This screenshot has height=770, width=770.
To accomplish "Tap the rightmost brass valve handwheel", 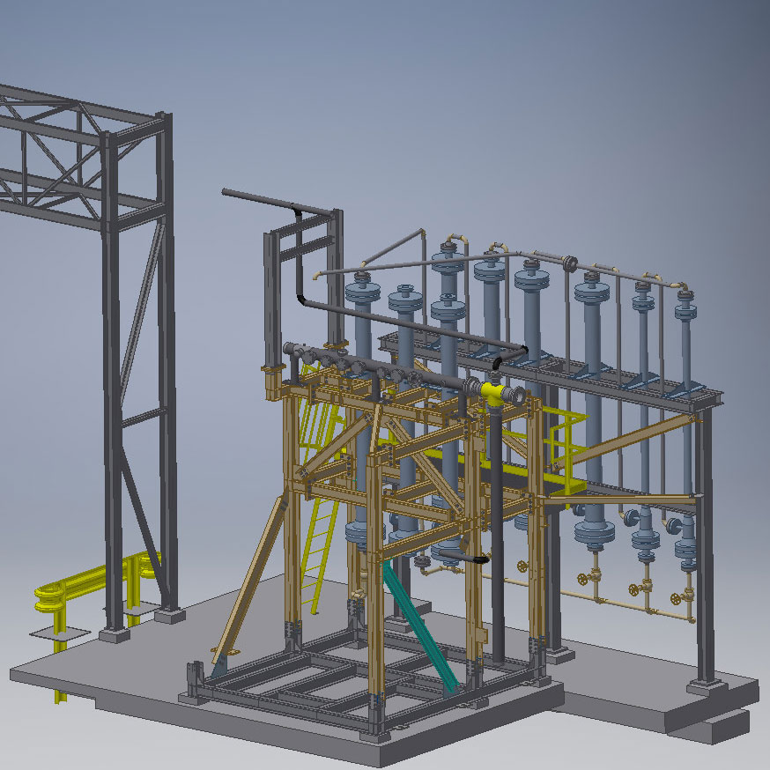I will point(676,599).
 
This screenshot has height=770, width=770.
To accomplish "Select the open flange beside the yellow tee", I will point(519,396).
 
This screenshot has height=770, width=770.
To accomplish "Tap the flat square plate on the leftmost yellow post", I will point(59,633).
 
